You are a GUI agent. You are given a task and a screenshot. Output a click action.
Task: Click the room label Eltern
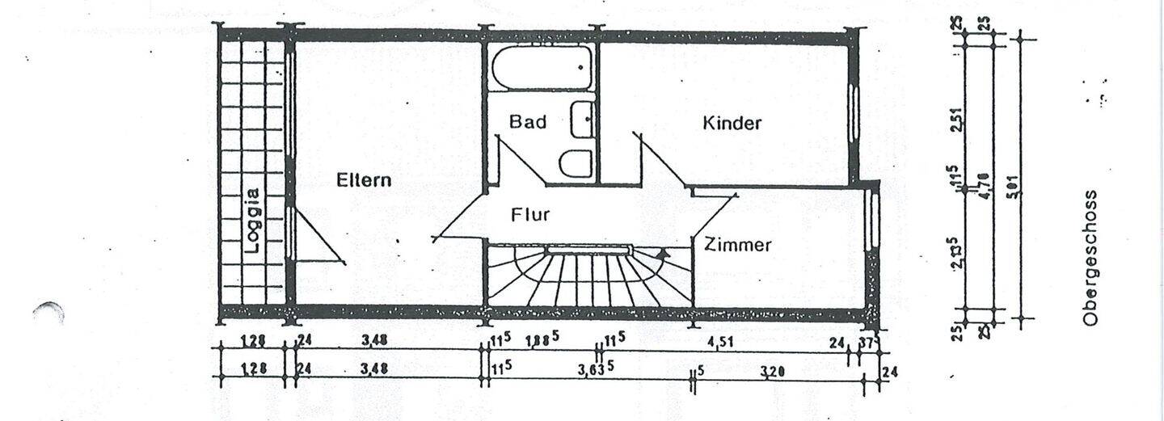(363, 180)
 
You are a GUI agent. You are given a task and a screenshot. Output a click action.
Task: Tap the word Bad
(527, 122)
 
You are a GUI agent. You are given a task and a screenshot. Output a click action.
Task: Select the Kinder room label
(732, 124)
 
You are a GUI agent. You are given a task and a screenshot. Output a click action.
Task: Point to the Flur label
(530, 215)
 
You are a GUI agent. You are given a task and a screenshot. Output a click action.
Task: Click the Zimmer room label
(736, 245)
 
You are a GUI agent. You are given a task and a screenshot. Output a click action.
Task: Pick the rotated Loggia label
(253, 221)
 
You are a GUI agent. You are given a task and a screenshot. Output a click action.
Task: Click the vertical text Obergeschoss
(1090, 258)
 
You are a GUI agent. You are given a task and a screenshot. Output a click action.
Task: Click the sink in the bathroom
(582, 120)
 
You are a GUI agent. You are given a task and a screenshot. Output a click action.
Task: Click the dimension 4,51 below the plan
(721, 342)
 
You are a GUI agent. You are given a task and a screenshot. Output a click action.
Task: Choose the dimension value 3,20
(773, 371)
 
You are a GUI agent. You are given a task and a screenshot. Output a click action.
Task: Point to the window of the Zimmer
(871, 217)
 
